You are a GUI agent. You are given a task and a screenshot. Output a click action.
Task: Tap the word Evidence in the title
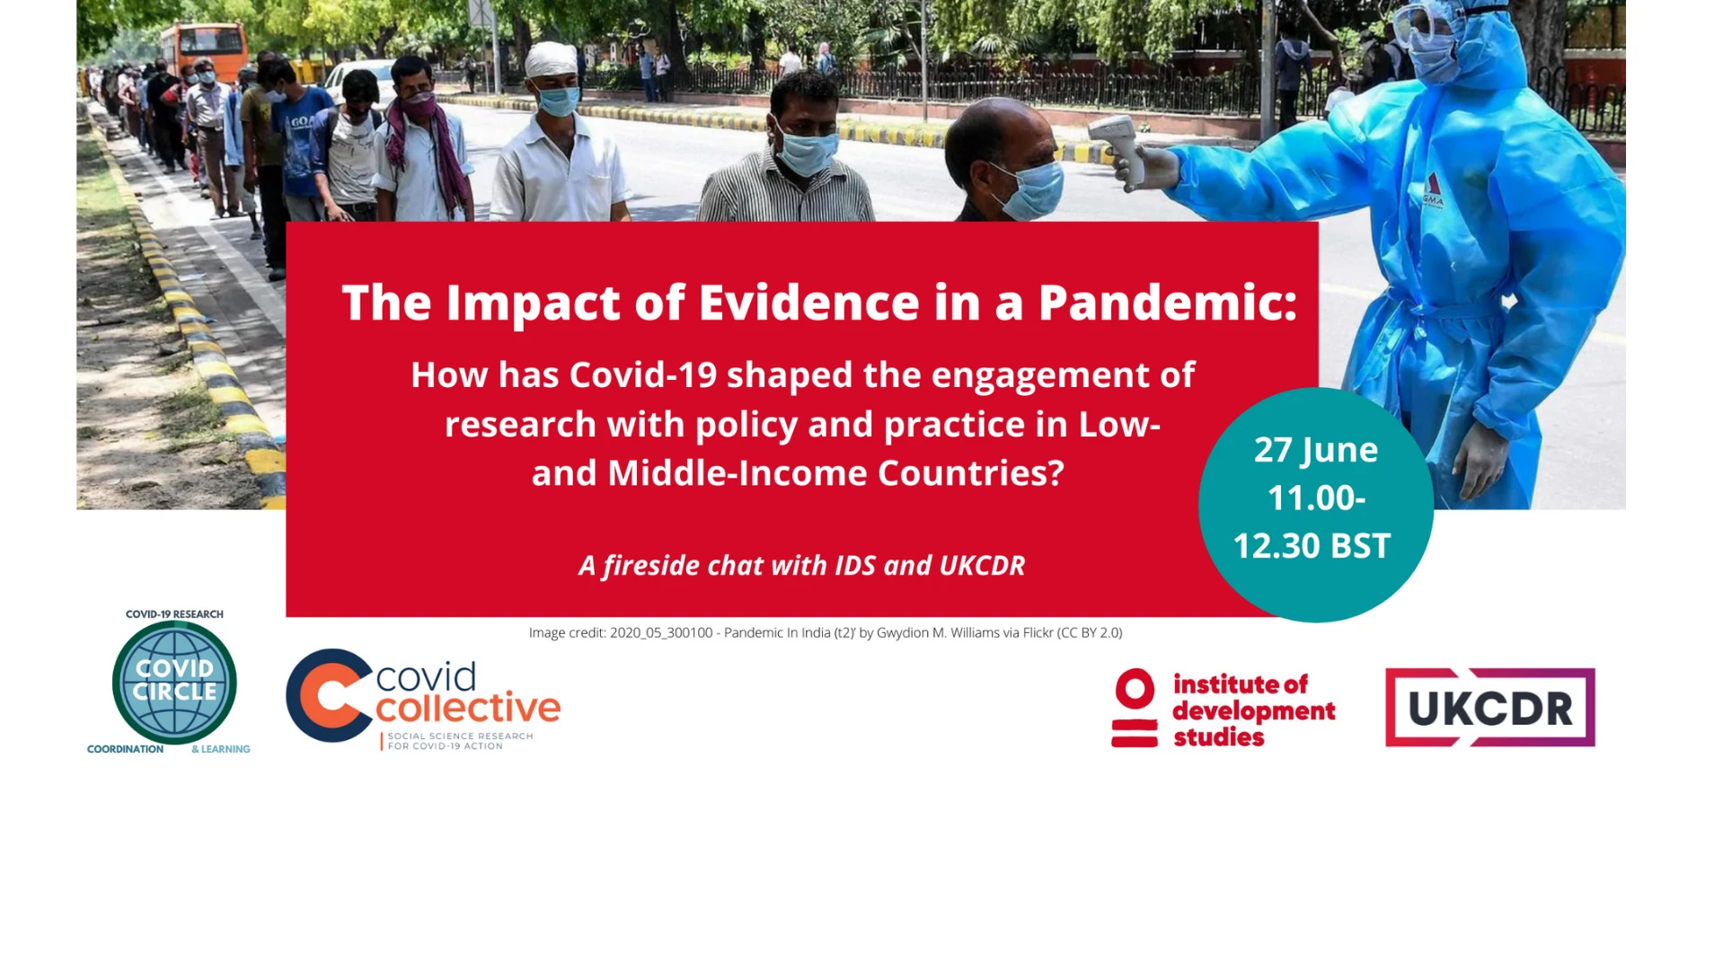click(x=808, y=303)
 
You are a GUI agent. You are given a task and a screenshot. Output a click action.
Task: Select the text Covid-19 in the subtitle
click(x=643, y=375)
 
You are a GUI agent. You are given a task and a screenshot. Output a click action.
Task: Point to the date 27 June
click(x=1316, y=449)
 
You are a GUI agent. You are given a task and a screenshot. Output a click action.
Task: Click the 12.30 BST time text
click(x=1312, y=545)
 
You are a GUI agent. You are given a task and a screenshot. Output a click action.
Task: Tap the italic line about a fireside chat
click(x=802, y=565)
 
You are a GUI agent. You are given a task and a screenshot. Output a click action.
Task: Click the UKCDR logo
click(x=1489, y=707)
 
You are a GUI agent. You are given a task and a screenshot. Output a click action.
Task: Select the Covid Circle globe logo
click(x=174, y=683)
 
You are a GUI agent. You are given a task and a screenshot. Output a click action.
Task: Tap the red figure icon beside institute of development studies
click(x=1135, y=708)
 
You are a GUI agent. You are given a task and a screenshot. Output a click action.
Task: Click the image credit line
click(x=826, y=632)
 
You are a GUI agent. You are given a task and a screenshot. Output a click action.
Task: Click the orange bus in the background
click(x=203, y=51)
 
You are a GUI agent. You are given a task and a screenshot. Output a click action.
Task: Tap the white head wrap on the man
click(x=551, y=59)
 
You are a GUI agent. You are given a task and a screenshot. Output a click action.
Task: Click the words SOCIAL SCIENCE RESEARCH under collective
click(x=460, y=736)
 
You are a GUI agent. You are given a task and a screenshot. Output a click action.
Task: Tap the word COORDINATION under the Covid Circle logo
click(x=125, y=749)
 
